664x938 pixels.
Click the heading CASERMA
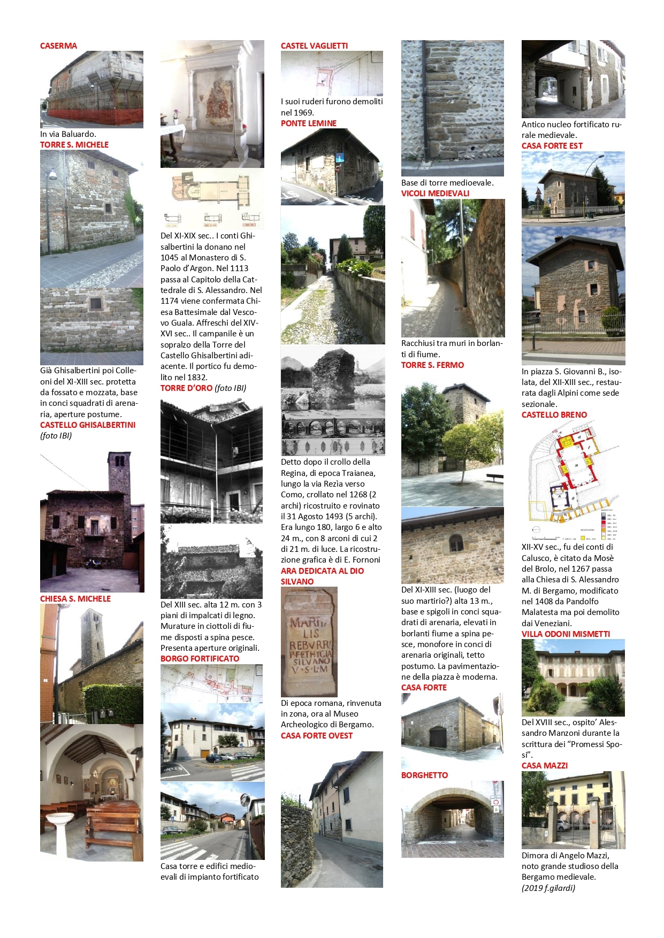[x=58, y=46]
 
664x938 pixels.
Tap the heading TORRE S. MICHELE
[x=74, y=145]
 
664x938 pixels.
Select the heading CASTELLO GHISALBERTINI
[x=88, y=425]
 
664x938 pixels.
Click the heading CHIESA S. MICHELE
[x=75, y=599]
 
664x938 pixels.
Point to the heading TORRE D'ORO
[x=186, y=388]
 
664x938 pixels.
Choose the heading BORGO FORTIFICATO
[x=200, y=659]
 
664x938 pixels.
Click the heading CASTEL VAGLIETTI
[x=314, y=46]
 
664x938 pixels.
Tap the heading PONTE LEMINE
[x=309, y=124]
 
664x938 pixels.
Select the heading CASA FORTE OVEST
[x=317, y=736]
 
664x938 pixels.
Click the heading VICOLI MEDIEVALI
[x=435, y=194]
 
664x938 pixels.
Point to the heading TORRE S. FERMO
[x=432, y=365]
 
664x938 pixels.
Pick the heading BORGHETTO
[x=424, y=775]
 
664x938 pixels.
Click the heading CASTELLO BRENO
[x=554, y=415]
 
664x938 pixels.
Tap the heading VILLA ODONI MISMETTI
[x=566, y=634]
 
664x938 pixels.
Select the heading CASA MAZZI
[x=545, y=766]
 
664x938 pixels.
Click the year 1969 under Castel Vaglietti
[x=305, y=113]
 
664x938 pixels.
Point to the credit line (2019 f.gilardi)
[x=548, y=888]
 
